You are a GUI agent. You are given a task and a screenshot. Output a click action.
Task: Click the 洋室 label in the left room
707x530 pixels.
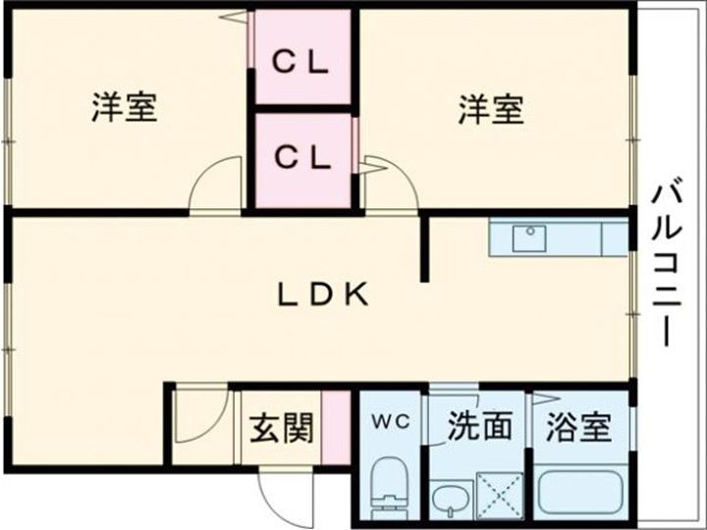[x=124, y=107]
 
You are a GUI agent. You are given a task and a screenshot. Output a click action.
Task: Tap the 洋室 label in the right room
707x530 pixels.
[x=490, y=107]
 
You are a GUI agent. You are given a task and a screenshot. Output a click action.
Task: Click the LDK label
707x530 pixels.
[x=321, y=293]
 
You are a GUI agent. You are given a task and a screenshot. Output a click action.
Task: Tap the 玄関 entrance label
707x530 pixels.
[x=281, y=428]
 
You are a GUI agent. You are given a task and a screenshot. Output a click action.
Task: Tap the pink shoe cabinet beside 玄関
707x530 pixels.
[x=337, y=429]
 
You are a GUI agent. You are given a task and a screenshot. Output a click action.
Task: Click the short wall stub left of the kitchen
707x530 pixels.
[x=426, y=249]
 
